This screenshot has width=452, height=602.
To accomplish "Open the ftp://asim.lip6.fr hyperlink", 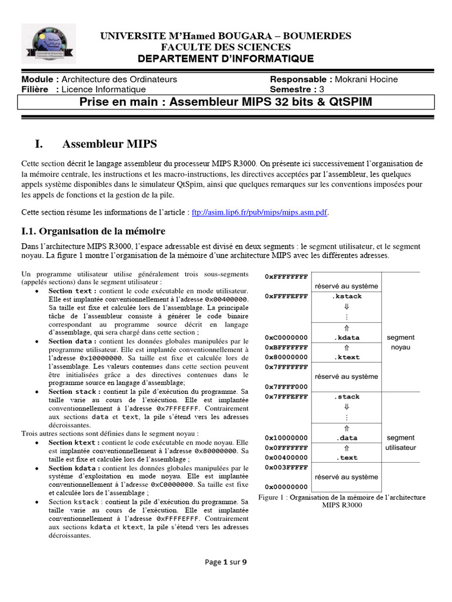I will [260, 212].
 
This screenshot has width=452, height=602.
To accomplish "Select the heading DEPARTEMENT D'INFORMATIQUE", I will [226, 58].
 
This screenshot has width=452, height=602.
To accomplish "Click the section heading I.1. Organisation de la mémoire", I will [94, 231].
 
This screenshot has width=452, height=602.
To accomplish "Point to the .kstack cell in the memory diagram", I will [346, 296].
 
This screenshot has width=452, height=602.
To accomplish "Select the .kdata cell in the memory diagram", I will [346, 337].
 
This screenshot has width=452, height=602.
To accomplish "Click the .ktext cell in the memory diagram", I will [346, 357].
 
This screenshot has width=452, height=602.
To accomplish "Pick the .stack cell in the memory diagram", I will [346, 397].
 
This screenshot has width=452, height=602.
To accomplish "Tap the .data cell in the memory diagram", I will [346, 438].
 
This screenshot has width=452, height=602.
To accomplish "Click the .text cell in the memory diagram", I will [346, 458].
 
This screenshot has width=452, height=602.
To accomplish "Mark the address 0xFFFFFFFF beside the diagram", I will [286, 276].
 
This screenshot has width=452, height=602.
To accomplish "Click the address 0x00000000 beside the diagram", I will [286, 487].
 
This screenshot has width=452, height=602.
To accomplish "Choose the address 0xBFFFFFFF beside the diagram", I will [286, 347].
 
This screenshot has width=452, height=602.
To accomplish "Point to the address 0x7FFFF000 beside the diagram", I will [286, 386].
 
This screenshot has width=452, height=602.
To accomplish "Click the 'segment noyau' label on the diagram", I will [400, 342].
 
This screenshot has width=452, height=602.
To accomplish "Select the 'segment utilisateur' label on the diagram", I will [400, 443].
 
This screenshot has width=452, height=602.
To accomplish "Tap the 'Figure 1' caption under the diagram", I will [342, 501].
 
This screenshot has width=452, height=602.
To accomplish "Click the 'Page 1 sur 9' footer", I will [225, 562].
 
